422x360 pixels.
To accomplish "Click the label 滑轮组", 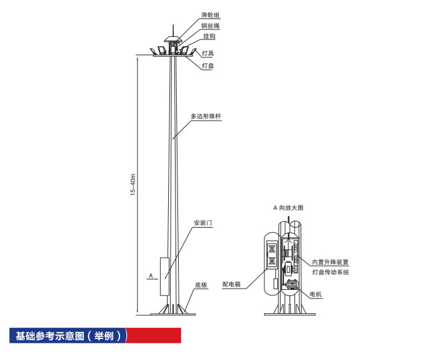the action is pos(210,15).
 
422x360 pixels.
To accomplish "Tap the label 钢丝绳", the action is pos(210,26).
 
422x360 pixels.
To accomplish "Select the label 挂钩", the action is pos(209,36).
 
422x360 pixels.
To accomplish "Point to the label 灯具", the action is pos(208,54).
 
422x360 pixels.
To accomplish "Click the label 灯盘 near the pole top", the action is pos(208,66).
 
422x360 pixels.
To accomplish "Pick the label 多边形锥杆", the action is pos(206,116).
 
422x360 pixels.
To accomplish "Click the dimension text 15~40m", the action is pos(133,185).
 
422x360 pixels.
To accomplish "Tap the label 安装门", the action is pos(203,223).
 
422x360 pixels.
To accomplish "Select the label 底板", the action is pos(201,285).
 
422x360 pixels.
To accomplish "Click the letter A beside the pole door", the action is pos(151,276).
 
